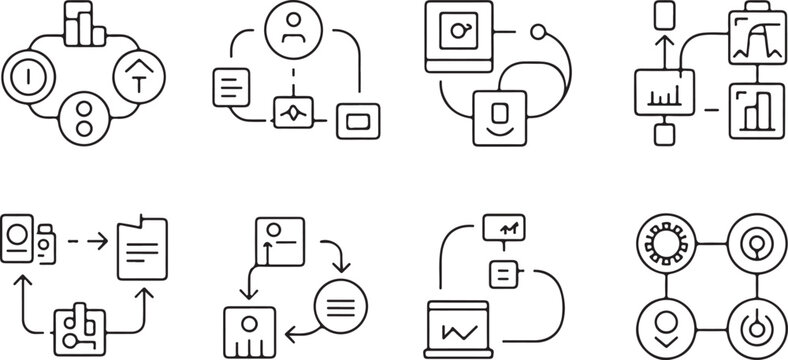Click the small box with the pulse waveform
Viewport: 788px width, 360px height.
click(292, 112)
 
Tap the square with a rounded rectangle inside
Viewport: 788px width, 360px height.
click(357, 121)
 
